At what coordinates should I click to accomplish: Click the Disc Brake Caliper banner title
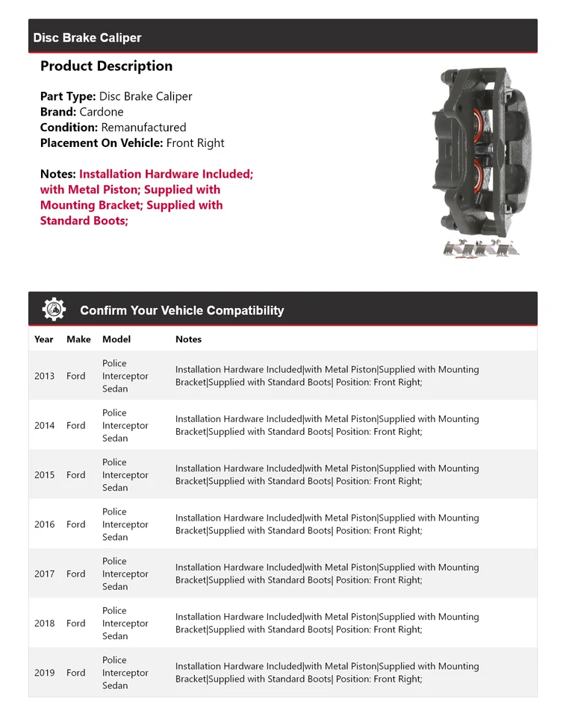(87, 38)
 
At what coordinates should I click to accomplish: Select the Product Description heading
(106, 66)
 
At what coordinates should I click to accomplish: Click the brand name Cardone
(102, 112)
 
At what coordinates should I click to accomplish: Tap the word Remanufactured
(143, 128)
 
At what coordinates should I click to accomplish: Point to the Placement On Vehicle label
(102, 143)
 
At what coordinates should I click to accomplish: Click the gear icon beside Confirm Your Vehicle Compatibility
(54, 310)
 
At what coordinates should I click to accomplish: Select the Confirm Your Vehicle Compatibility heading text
(181, 310)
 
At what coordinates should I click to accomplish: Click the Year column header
(44, 339)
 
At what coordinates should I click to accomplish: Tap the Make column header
(78, 339)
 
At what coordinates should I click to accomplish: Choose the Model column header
(116, 339)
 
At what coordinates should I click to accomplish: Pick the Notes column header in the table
(188, 339)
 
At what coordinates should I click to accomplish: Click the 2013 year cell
(44, 376)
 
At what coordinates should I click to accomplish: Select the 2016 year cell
(44, 524)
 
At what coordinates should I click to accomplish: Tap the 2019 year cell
(44, 673)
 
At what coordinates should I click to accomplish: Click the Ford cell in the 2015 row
(75, 475)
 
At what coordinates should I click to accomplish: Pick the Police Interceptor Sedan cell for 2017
(125, 574)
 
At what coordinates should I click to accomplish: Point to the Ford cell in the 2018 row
(75, 624)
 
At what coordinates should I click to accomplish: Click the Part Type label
(68, 96)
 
